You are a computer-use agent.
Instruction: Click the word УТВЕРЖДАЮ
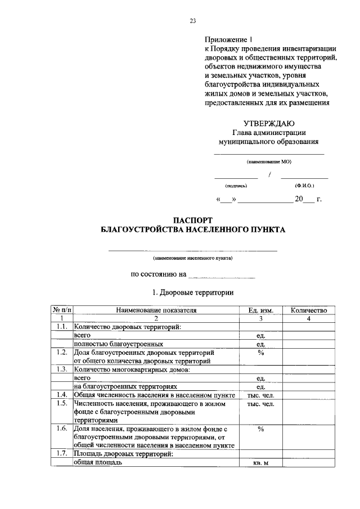click(x=269, y=123)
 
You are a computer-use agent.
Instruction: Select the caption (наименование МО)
click(x=269, y=161)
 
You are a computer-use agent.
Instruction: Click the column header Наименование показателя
click(x=157, y=310)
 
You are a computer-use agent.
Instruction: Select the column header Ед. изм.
click(x=260, y=310)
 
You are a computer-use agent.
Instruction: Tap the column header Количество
click(x=308, y=310)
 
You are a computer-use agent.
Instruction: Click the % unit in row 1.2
click(x=260, y=352)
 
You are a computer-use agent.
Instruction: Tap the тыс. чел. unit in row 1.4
click(x=260, y=395)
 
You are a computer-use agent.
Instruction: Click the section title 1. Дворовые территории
click(x=193, y=292)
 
